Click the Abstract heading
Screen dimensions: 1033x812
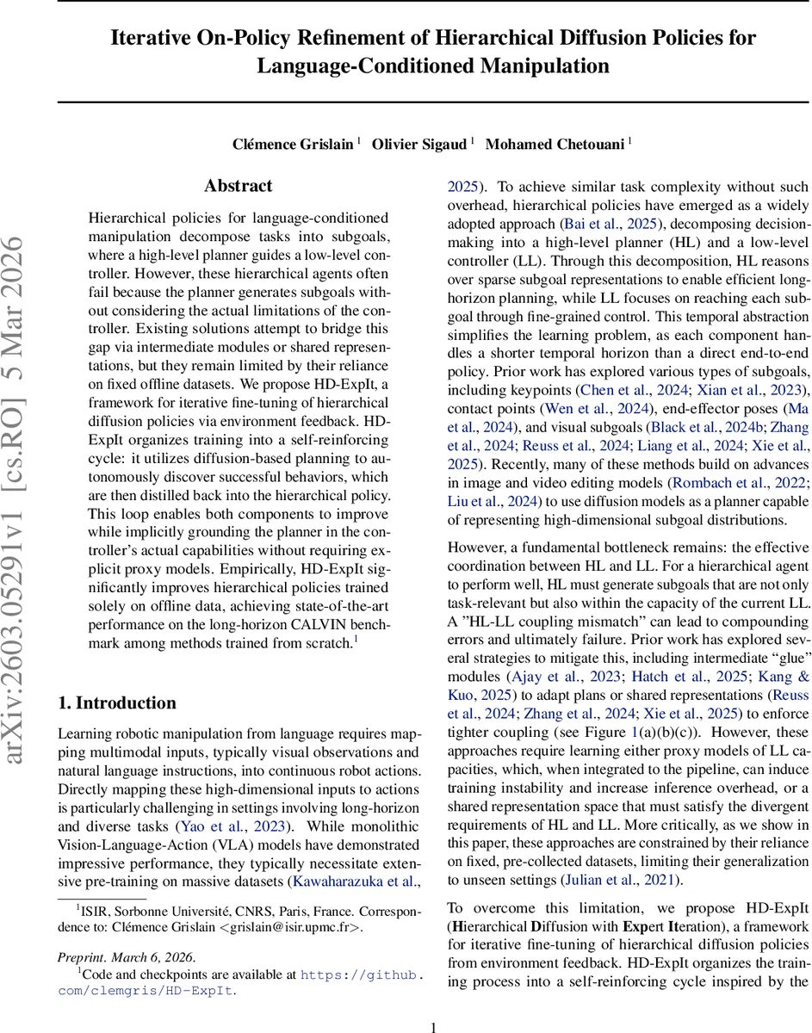[238, 186]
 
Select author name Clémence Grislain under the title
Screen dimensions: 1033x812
[293, 144]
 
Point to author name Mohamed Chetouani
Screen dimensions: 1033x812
[555, 144]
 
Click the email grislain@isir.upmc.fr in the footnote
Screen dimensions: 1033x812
[274, 927]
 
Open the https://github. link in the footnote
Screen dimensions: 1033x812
[362, 974]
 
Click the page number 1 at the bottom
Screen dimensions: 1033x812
[434, 1026]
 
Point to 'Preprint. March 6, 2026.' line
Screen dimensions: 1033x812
[127, 956]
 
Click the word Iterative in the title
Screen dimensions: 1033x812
[154, 39]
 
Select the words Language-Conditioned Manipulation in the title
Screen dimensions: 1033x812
[433, 66]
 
